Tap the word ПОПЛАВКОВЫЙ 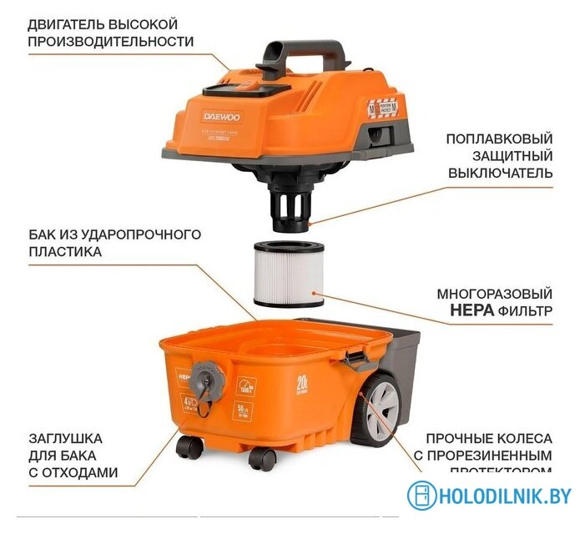pos(499,139)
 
